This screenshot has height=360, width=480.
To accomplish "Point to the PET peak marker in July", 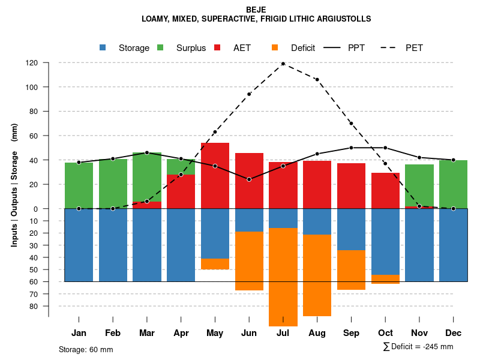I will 283,64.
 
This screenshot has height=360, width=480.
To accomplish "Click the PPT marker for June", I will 249,179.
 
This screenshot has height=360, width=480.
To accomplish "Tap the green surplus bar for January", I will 79,185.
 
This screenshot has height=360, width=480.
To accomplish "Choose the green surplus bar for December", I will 453,184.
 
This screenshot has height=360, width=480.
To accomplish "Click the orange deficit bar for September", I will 351,270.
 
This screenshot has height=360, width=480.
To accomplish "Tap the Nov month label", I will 419,333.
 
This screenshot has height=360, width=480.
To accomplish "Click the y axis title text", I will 14,190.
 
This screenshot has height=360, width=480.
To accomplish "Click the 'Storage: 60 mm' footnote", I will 86,349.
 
